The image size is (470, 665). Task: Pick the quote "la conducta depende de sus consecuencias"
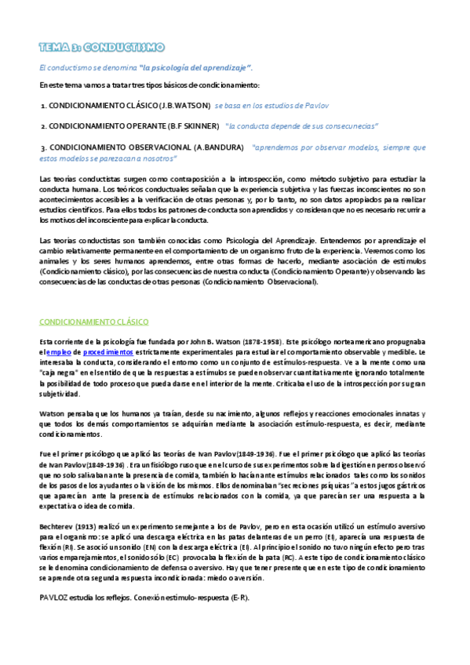pyautogui.click(x=301, y=125)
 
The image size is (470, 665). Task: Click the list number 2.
pyautogui.click(x=42, y=125)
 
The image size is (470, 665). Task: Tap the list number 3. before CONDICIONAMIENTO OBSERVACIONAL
pyautogui.click(x=42, y=147)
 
